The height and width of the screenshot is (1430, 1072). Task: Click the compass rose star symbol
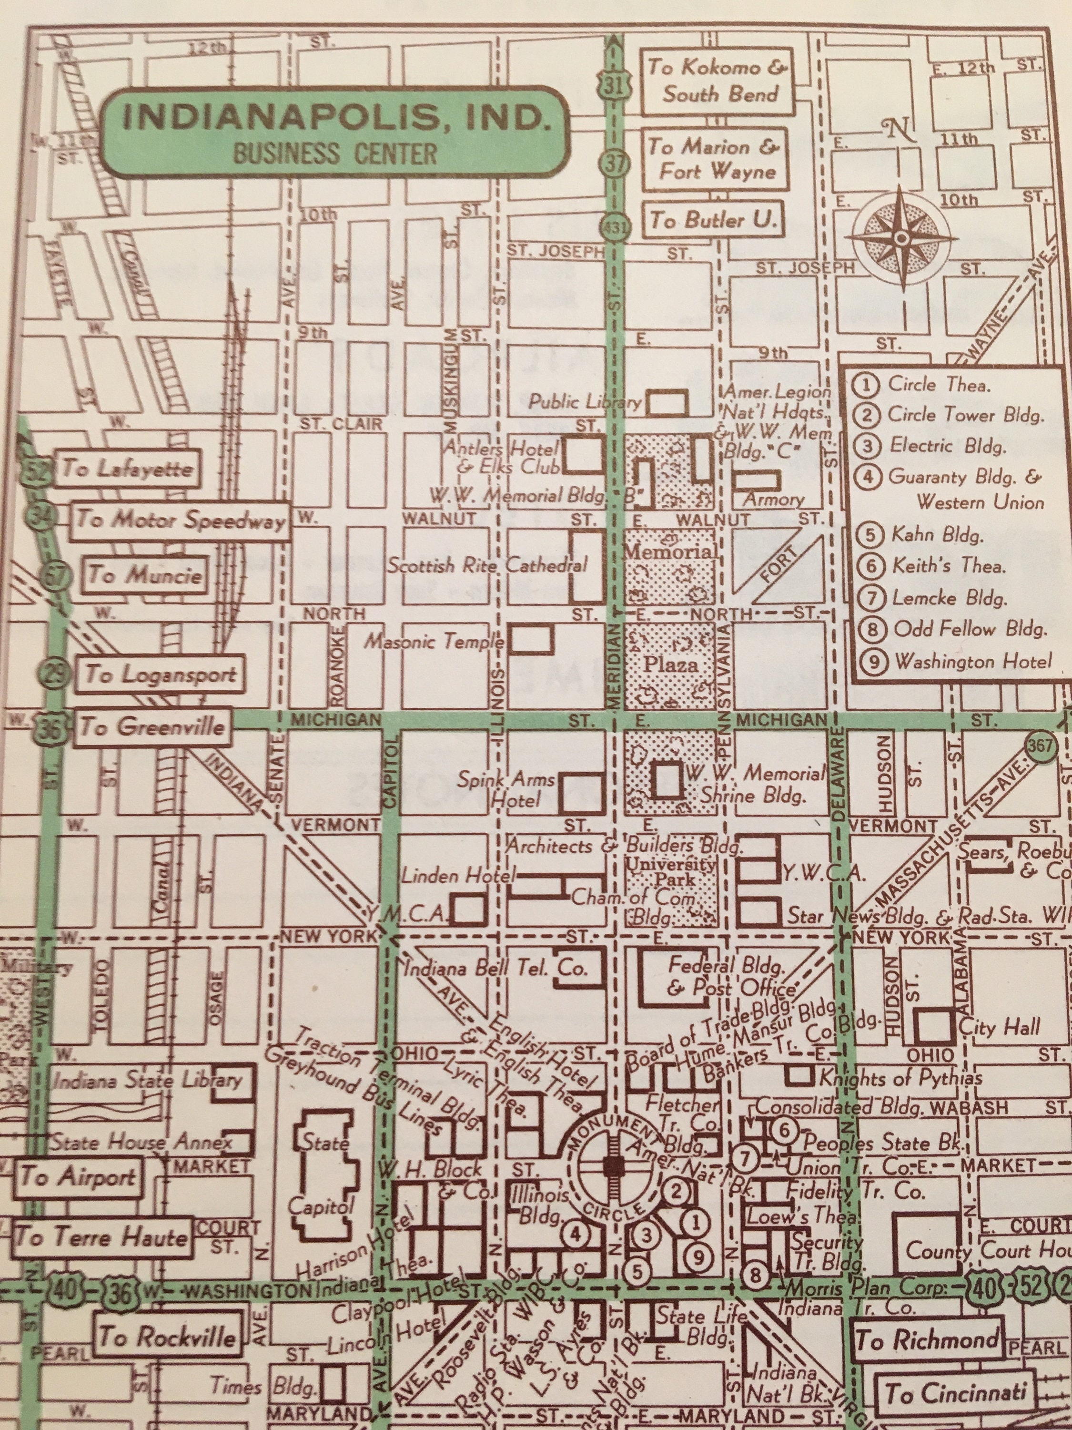point(901,238)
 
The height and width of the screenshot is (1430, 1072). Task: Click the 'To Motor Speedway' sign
point(180,520)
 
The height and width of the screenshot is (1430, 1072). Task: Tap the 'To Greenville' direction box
point(152,726)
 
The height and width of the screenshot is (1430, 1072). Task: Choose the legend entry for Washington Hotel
point(972,661)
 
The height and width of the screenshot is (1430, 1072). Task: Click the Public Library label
point(584,402)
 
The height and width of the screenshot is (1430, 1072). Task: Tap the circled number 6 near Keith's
point(784,1131)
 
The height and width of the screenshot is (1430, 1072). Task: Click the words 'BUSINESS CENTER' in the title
point(335,154)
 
